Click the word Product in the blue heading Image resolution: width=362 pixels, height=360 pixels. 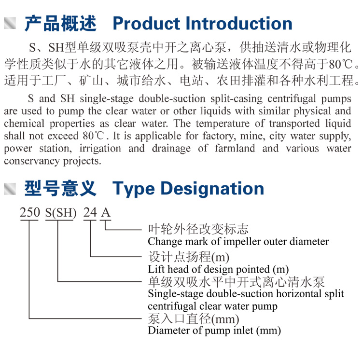[146, 23]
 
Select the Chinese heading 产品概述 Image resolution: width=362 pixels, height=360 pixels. [60, 23]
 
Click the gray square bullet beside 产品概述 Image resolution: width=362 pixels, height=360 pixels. [10, 23]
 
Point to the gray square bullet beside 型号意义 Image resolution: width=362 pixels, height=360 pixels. [10, 189]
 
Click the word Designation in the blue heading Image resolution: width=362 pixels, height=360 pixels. [212, 189]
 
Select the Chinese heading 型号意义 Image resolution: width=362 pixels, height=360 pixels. [60, 189]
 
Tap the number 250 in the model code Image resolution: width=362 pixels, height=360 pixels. [30, 212]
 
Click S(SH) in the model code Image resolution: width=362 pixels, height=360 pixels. [61, 213]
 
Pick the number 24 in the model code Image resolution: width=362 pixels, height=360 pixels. [90, 212]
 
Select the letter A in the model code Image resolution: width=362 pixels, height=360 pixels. [106, 212]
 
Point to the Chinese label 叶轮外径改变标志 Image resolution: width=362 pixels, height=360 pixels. [198, 229]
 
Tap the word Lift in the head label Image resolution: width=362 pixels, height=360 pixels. [156, 269]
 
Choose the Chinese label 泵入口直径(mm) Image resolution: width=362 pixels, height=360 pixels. [194, 319]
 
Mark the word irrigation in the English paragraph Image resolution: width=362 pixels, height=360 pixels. [100, 148]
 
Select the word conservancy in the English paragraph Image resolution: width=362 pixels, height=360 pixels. [31, 161]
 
